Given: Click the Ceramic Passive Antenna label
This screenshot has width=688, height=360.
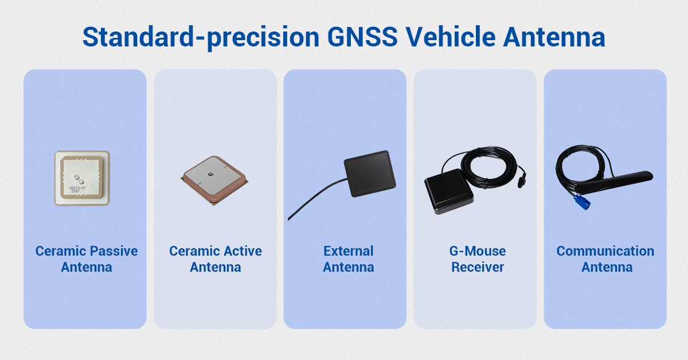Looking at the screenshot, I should click(87, 259).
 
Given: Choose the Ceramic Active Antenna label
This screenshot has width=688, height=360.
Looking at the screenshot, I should click(216, 259).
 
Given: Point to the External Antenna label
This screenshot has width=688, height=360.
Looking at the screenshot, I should click(348, 259).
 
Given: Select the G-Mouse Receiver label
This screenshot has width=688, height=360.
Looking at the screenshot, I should click(477, 259).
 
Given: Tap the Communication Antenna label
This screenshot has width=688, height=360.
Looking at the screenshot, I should click(605, 259).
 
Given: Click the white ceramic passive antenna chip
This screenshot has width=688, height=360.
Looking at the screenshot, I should click(82, 178).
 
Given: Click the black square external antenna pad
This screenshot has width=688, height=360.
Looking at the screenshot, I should click(370, 174).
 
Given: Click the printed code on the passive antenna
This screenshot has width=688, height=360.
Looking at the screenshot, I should click(77, 189).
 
